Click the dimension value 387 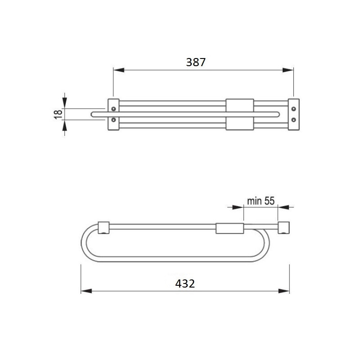click(x=196, y=63)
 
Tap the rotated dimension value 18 click(x=58, y=114)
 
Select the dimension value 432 click(x=185, y=283)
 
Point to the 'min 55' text click(x=261, y=201)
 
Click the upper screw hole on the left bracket click(x=113, y=108)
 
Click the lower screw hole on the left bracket click(x=113, y=120)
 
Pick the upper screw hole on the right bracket click(x=293, y=108)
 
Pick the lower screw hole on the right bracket click(x=293, y=120)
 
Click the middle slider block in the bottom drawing click(x=229, y=228)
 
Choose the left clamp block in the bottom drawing click(x=103, y=228)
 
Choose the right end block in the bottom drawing click(x=283, y=228)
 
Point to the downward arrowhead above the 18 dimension click(x=64, y=104)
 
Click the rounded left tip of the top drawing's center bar click(x=92, y=114)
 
